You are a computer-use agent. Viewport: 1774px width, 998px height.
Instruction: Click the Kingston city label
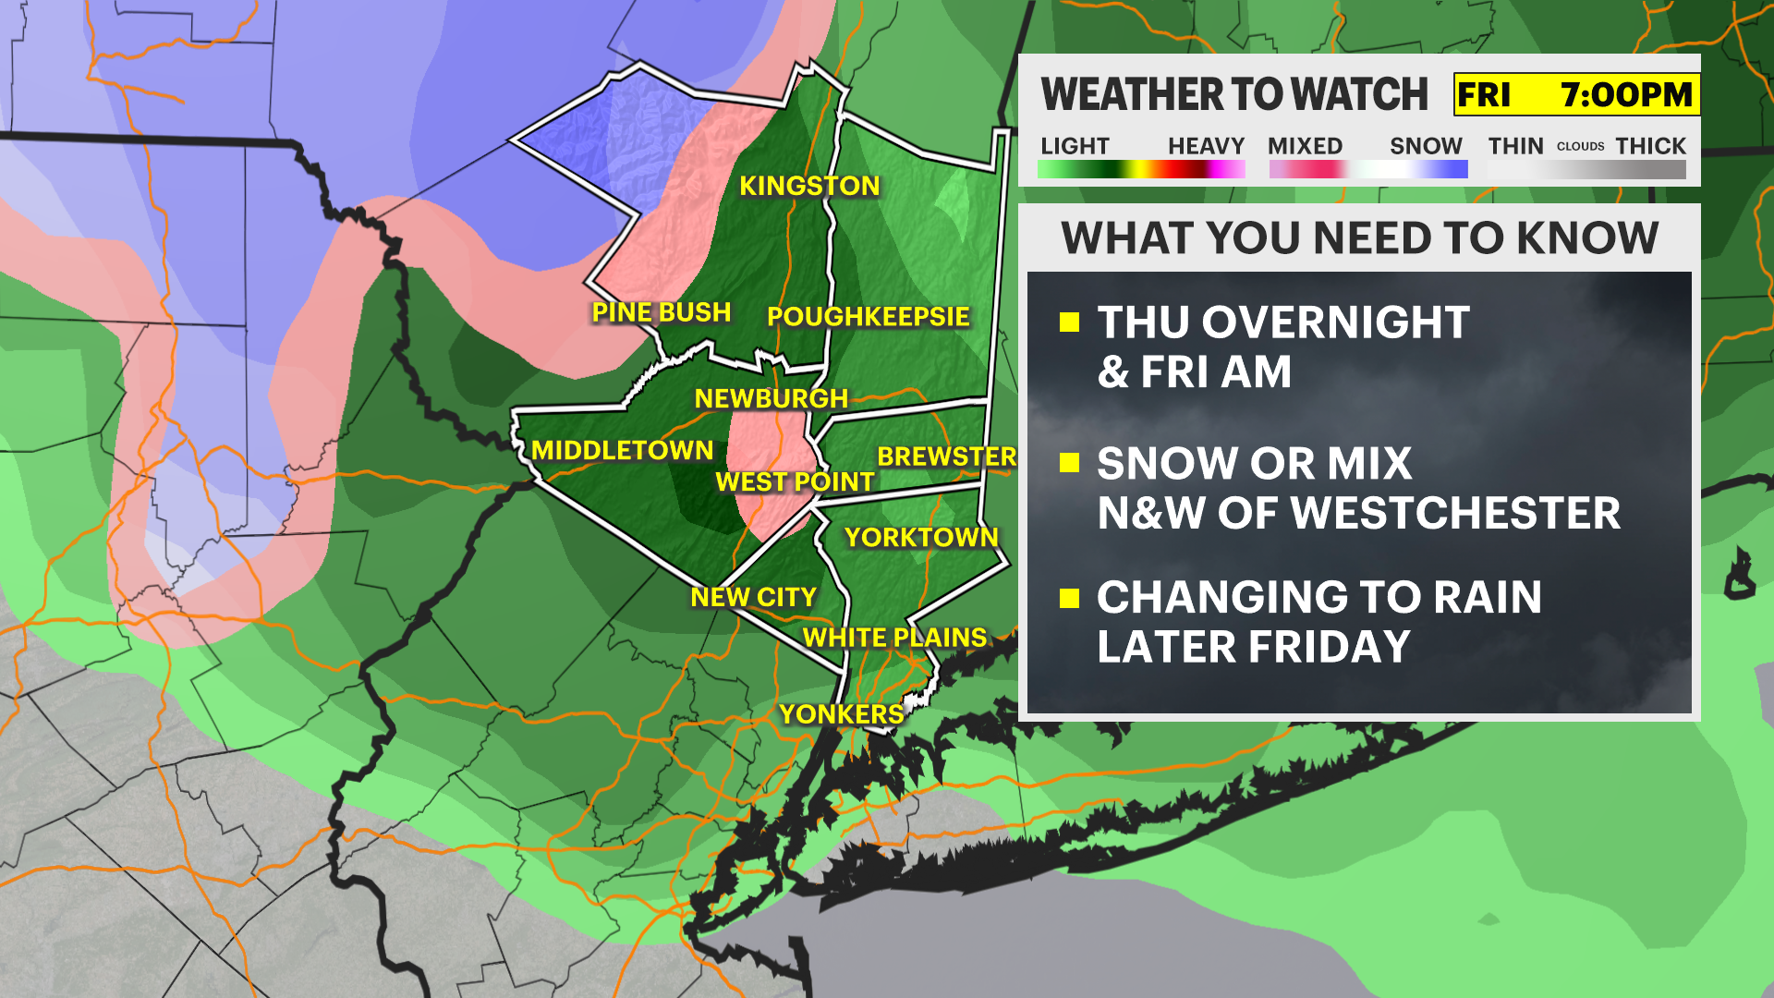coord(809,186)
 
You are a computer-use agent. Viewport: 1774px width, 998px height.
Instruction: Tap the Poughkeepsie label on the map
coord(868,317)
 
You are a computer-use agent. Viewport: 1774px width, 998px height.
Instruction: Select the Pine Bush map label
coord(661,312)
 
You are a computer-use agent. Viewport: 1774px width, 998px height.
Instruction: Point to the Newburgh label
coord(771,398)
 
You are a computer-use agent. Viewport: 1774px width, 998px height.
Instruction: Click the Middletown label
coord(622,450)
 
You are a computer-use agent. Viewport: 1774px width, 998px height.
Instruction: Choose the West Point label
coord(795,481)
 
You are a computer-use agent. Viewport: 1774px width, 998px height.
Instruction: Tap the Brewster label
coord(946,456)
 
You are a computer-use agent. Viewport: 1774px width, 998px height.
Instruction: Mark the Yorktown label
coord(921,537)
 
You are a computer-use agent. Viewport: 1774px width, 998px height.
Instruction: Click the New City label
coord(753,597)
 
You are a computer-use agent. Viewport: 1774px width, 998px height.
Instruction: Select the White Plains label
coord(894,638)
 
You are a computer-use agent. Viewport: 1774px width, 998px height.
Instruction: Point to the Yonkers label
coord(841,714)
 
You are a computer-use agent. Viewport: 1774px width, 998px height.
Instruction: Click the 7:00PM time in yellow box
coord(1626,94)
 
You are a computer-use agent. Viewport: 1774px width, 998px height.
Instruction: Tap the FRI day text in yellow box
coord(1484,94)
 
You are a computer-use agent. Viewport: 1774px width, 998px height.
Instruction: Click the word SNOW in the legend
coord(1426,146)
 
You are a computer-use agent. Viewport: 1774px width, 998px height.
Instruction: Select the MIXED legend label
coord(1305,146)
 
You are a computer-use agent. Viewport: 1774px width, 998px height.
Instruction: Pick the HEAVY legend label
coord(1206,146)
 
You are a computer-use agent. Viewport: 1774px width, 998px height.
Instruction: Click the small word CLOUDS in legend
coord(1580,146)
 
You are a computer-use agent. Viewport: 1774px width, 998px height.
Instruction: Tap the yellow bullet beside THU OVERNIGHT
coord(1070,322)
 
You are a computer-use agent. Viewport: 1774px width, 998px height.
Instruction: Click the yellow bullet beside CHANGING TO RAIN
coord(1070,598)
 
